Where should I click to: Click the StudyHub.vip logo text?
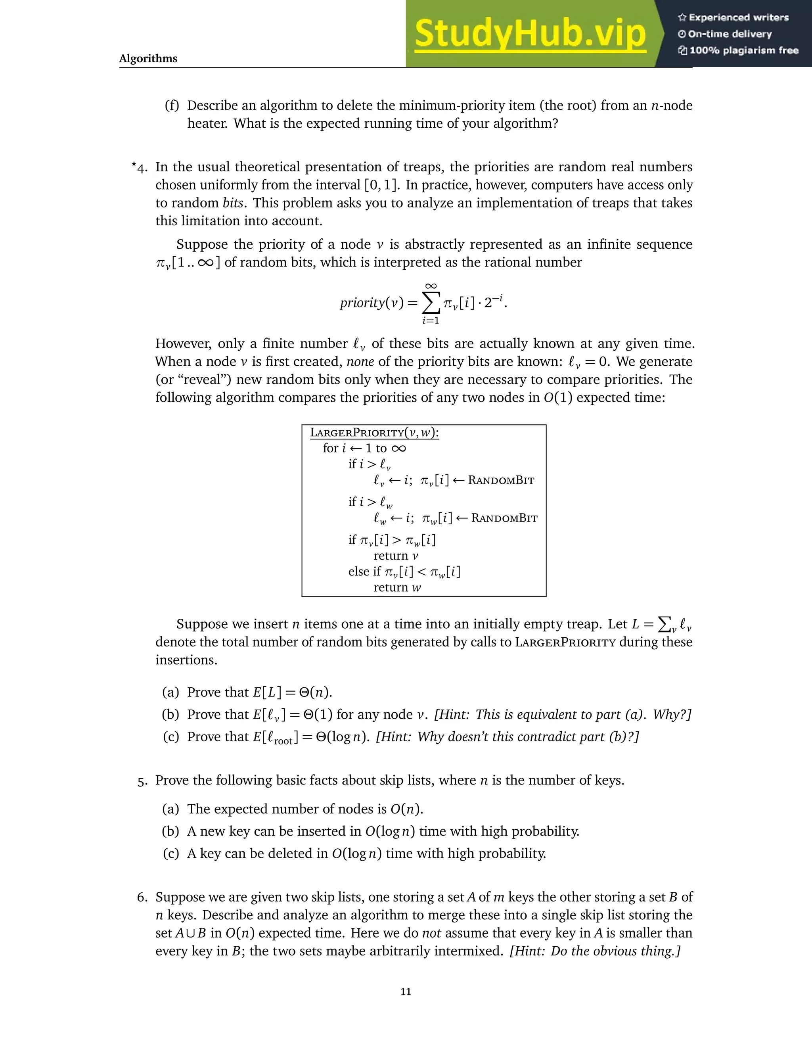[530, 34]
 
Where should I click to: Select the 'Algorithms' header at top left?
[148, 59]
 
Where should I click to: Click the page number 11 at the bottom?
[406, 992]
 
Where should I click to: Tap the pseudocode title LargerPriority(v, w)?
[374, 433]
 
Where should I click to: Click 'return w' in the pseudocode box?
[397, 588]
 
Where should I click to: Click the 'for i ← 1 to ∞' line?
[364, 449]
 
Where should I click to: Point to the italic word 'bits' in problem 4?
[233, 203]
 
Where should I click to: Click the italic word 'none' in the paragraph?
[360, 361]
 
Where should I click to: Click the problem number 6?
[142, 897]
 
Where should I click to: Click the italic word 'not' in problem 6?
[431, 933]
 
